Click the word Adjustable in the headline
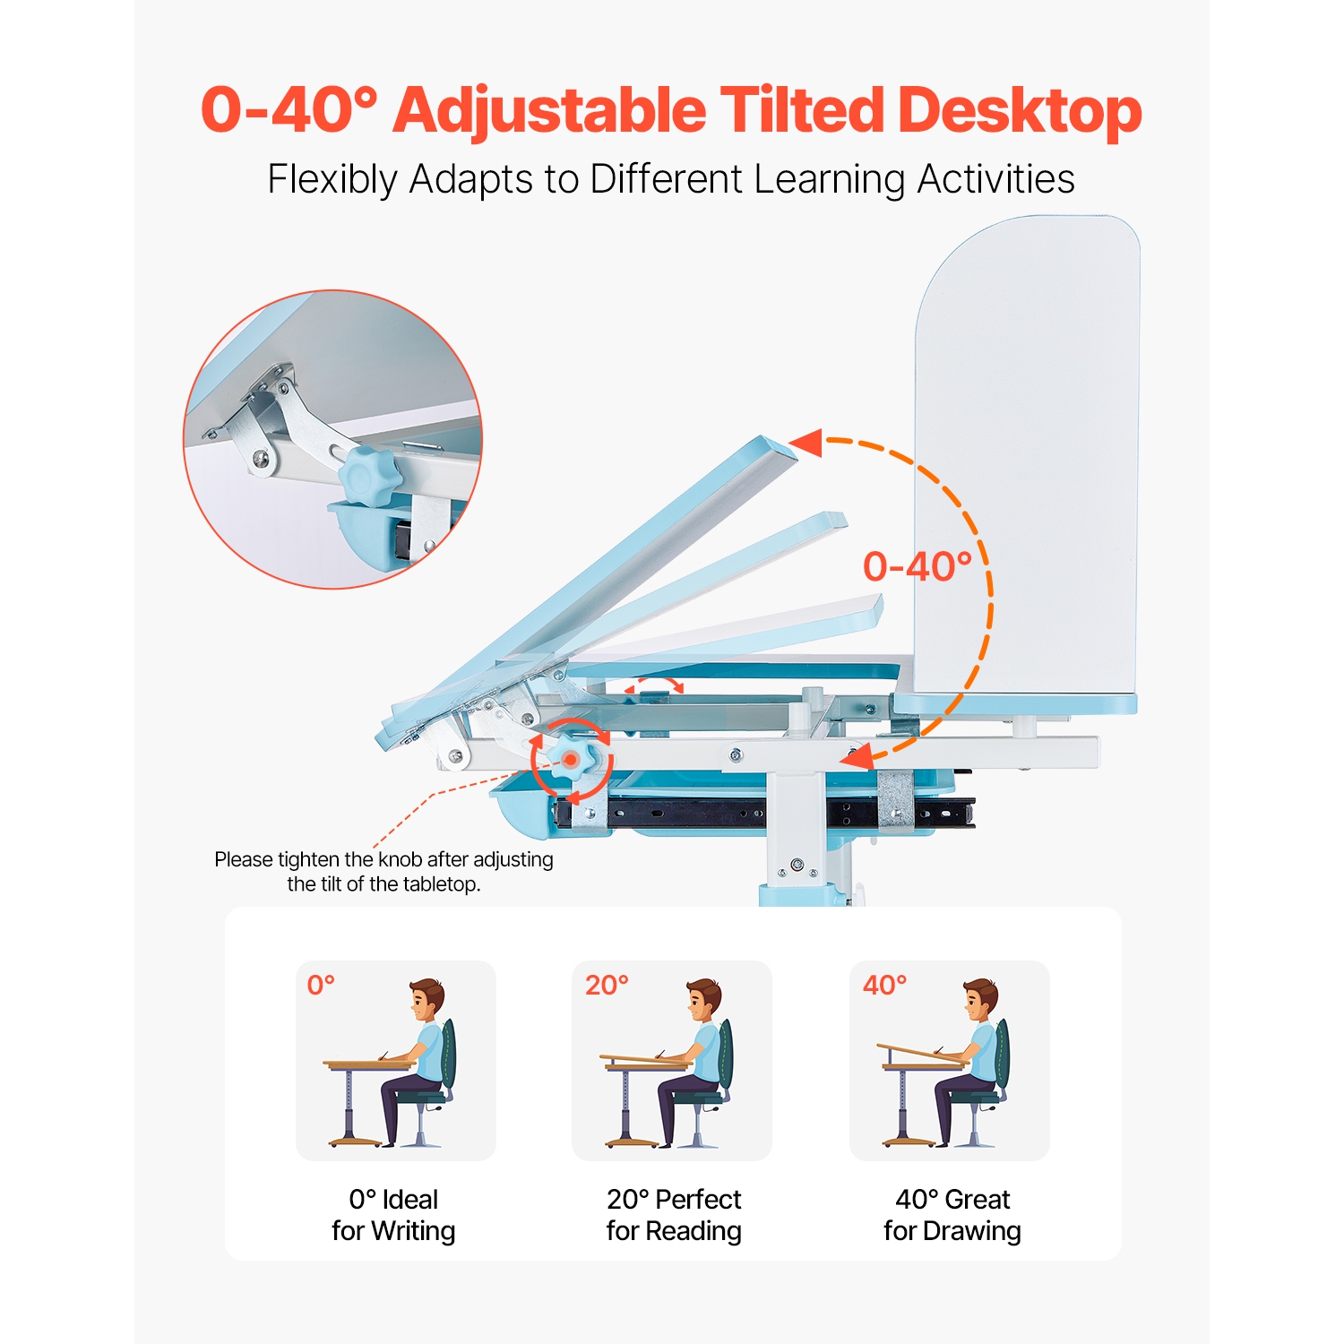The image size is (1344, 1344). click(x=548, y=111)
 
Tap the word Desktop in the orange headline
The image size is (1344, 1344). click(x=1019, y=111)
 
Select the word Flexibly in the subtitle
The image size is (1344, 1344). click(x=332, y=179)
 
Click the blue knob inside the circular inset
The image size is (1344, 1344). click(x=369, y=475)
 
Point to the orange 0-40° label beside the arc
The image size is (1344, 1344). click(x=917, y=567)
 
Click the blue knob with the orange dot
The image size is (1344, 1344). click(x=570, y=760)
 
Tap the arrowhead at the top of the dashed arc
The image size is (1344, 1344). click(x=807, y=442)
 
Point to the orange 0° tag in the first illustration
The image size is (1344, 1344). click(x=321, y=986)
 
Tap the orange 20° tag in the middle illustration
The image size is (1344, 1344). click(x=607, y=986)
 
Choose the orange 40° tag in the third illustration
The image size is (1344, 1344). click(x=884, y=986)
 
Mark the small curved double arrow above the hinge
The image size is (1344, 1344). click(x=654, y=685)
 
